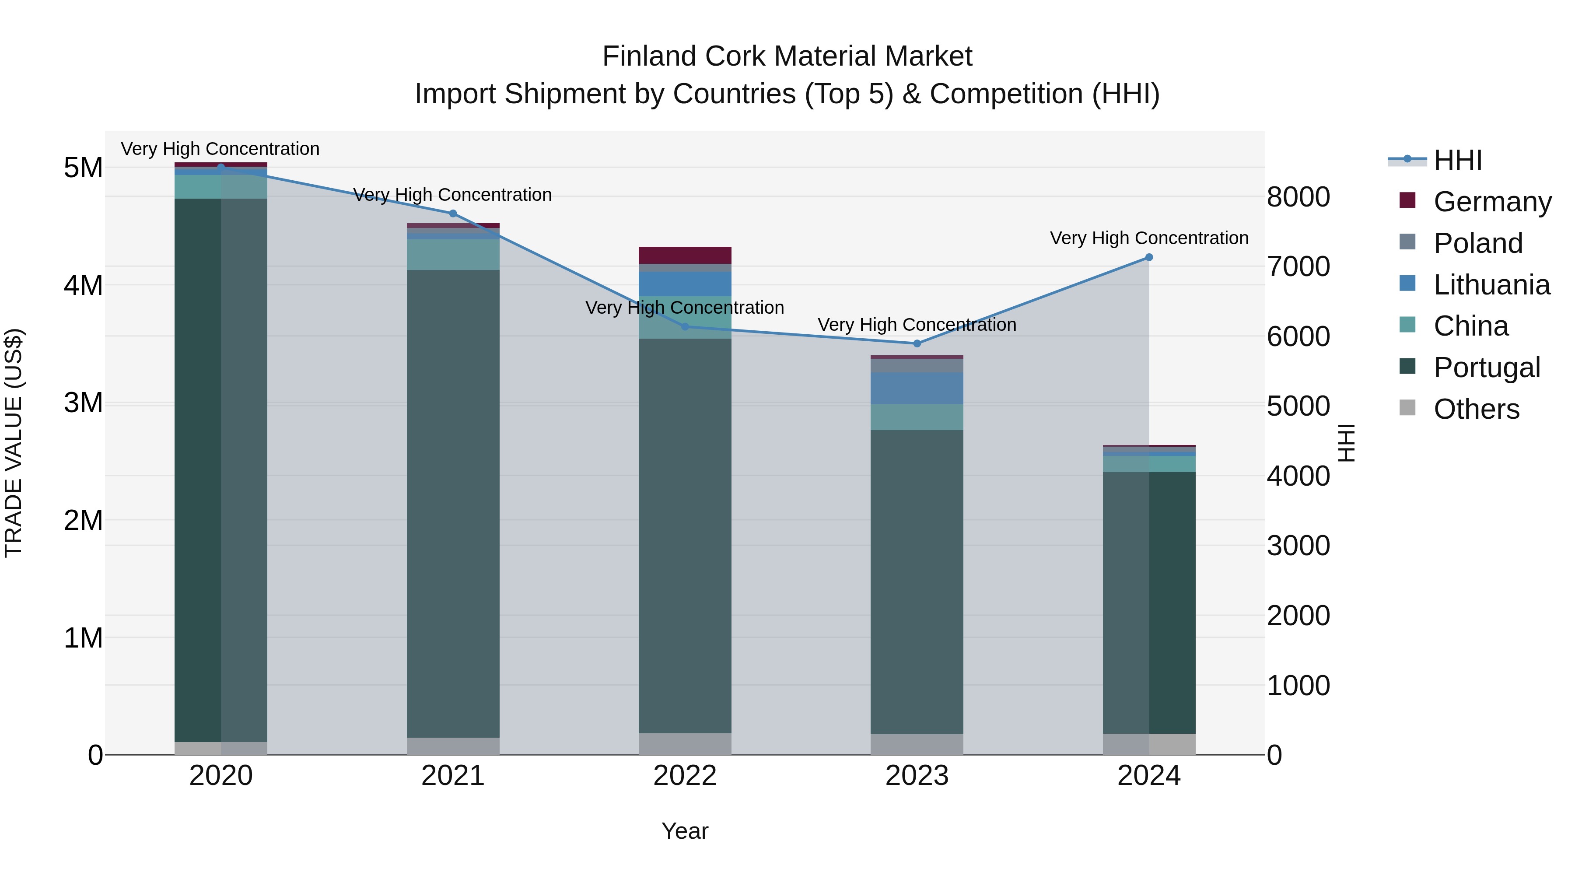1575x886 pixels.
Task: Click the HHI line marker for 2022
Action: tap(685, 326)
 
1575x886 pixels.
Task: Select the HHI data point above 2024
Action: tap(1148, 257)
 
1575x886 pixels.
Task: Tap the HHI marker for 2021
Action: tap(453, 214)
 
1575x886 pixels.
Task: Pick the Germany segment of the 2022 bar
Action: tap(685, 255)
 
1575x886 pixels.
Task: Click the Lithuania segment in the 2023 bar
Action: tap(917, 388)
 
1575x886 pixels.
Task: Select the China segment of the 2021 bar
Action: tap(453, 254)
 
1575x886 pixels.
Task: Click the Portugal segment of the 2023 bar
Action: tap(917, 581)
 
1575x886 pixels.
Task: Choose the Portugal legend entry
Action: tap(1486, 368)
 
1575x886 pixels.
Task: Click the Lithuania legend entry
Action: tap(1491, 285)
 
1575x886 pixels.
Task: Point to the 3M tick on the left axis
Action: tap(83, 403)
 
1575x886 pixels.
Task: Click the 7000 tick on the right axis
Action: tap(1298, 266)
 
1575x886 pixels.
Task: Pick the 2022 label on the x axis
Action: tap(685, 776)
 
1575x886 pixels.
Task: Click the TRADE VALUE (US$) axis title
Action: tap(14, 443)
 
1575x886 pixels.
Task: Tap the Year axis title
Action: tap(685, 831)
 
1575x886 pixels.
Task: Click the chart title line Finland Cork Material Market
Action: tap(787, 56)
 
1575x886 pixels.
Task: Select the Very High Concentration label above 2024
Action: tap(1148, 238)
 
